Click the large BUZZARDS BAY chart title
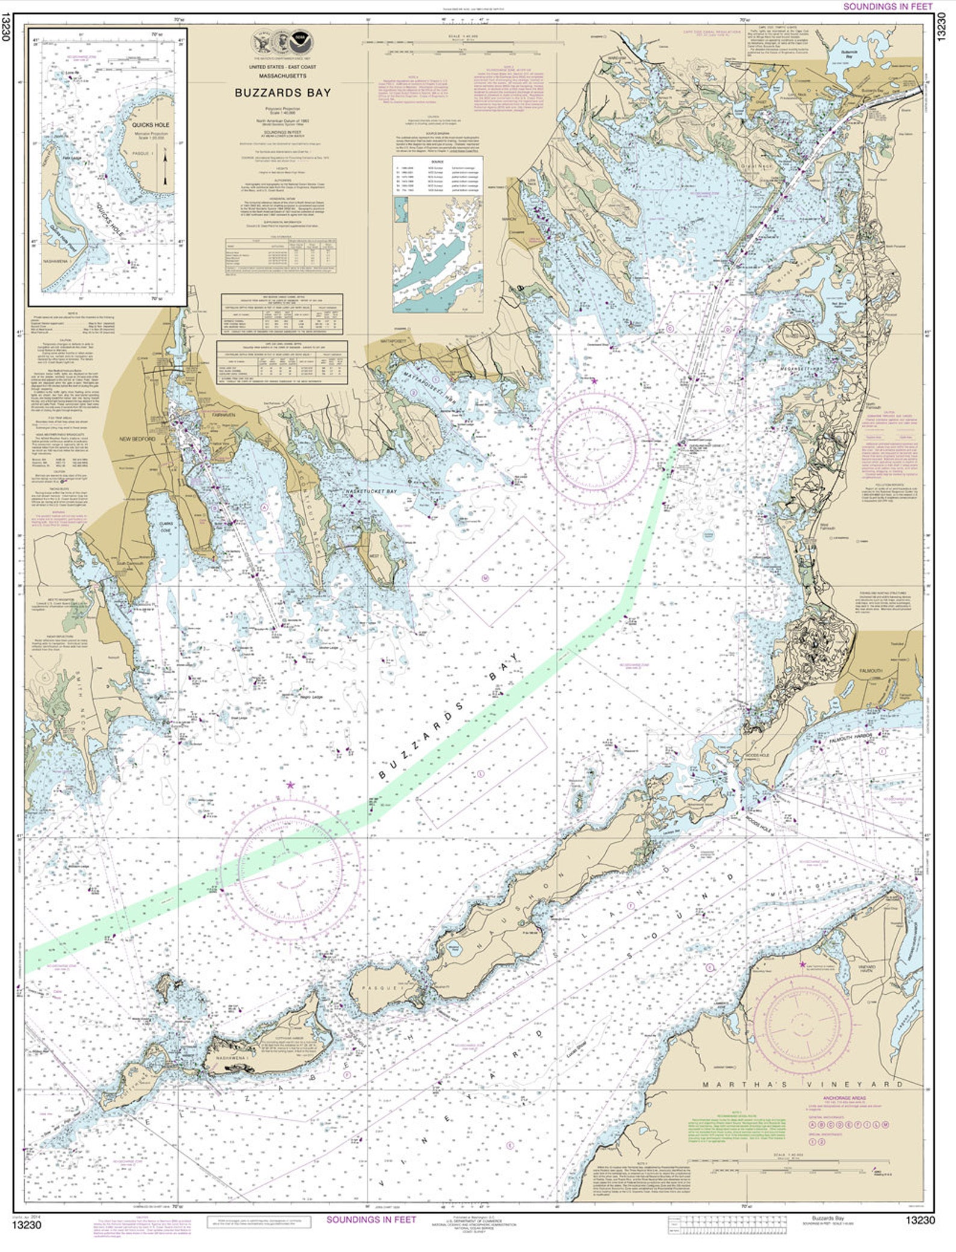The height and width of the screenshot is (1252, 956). click(282, 93)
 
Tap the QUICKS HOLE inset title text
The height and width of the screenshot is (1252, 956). click(151, 125)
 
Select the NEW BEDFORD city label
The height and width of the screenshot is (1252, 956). click(138, 439)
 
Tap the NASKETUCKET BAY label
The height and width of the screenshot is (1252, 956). click(371, 492)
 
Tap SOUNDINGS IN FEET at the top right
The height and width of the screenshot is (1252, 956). click(887, 7)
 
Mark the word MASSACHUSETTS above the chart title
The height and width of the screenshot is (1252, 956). click(282, 76)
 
